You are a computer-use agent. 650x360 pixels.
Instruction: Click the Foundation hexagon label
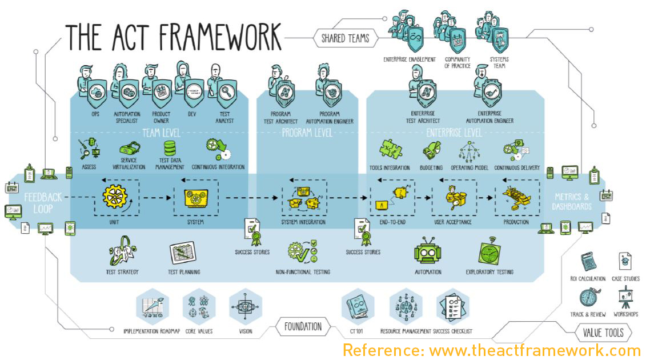(303, 327)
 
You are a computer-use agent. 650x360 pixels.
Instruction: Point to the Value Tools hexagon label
(604, 332)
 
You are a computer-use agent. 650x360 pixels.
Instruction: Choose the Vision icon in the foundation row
(246, 306)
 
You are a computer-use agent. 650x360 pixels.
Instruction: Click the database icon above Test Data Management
(170, 149)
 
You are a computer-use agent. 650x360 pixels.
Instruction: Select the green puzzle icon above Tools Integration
(390, 150)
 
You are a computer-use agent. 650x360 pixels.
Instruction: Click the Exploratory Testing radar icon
(489, 252)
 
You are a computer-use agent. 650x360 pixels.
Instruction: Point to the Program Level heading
(307, 133)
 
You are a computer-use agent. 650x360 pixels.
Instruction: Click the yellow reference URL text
(491, 350)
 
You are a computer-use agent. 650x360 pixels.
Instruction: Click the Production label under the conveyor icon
(516, 222)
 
